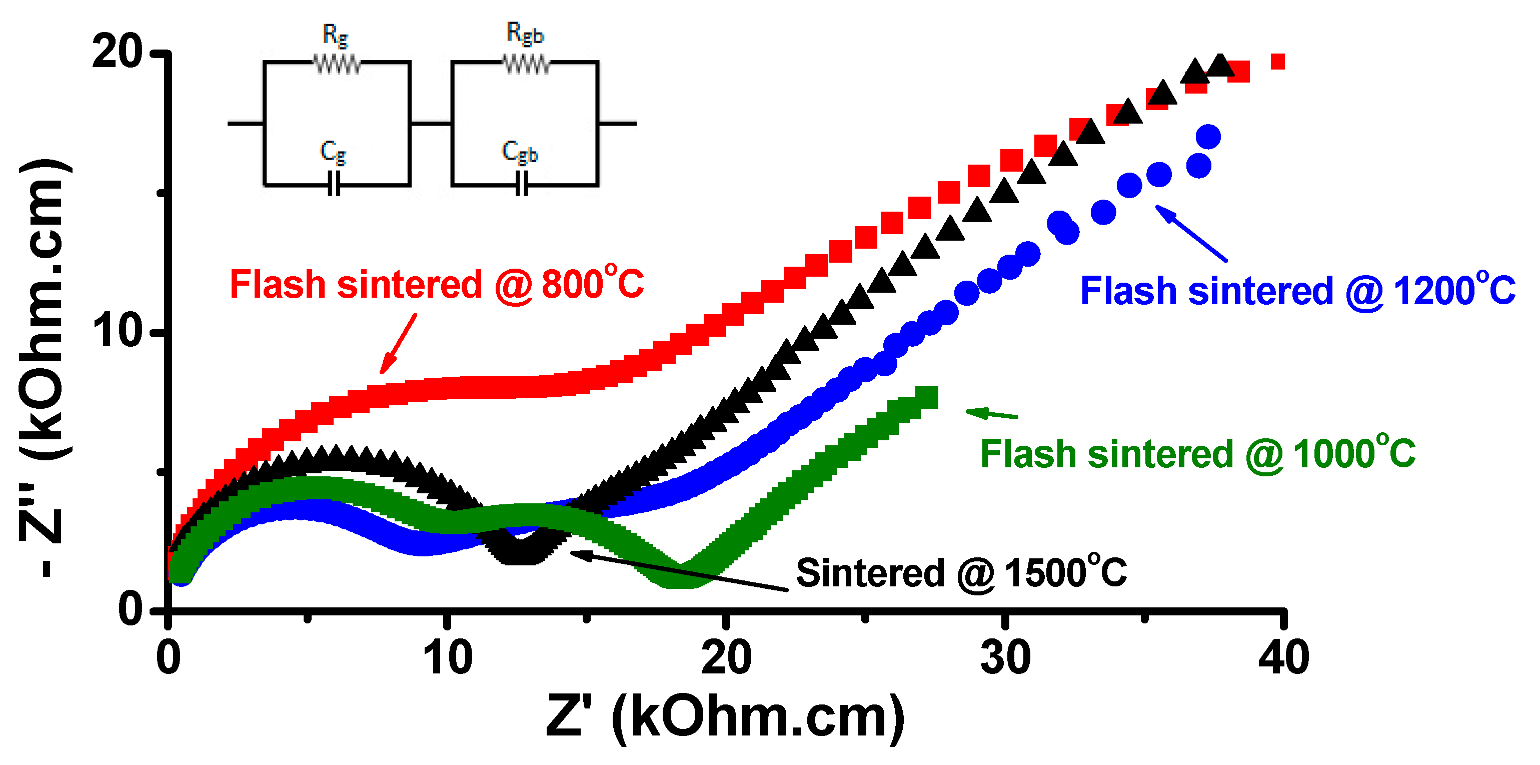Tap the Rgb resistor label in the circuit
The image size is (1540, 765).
click(x=525, y=34)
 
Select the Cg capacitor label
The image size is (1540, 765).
click(x=333, y=153)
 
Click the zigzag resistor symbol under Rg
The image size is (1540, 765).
click(x=337, y=64)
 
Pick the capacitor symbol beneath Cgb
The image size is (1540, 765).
click(x=522, y=184)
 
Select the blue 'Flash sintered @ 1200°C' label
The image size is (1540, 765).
click(x=1297, y=291)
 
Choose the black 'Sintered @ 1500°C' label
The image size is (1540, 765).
click(x=961, y=572)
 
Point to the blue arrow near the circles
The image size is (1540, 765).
click(x=1191, y=233)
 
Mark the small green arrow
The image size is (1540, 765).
click(x=991, y=413)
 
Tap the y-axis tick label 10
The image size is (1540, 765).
click(x=119, y=330)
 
